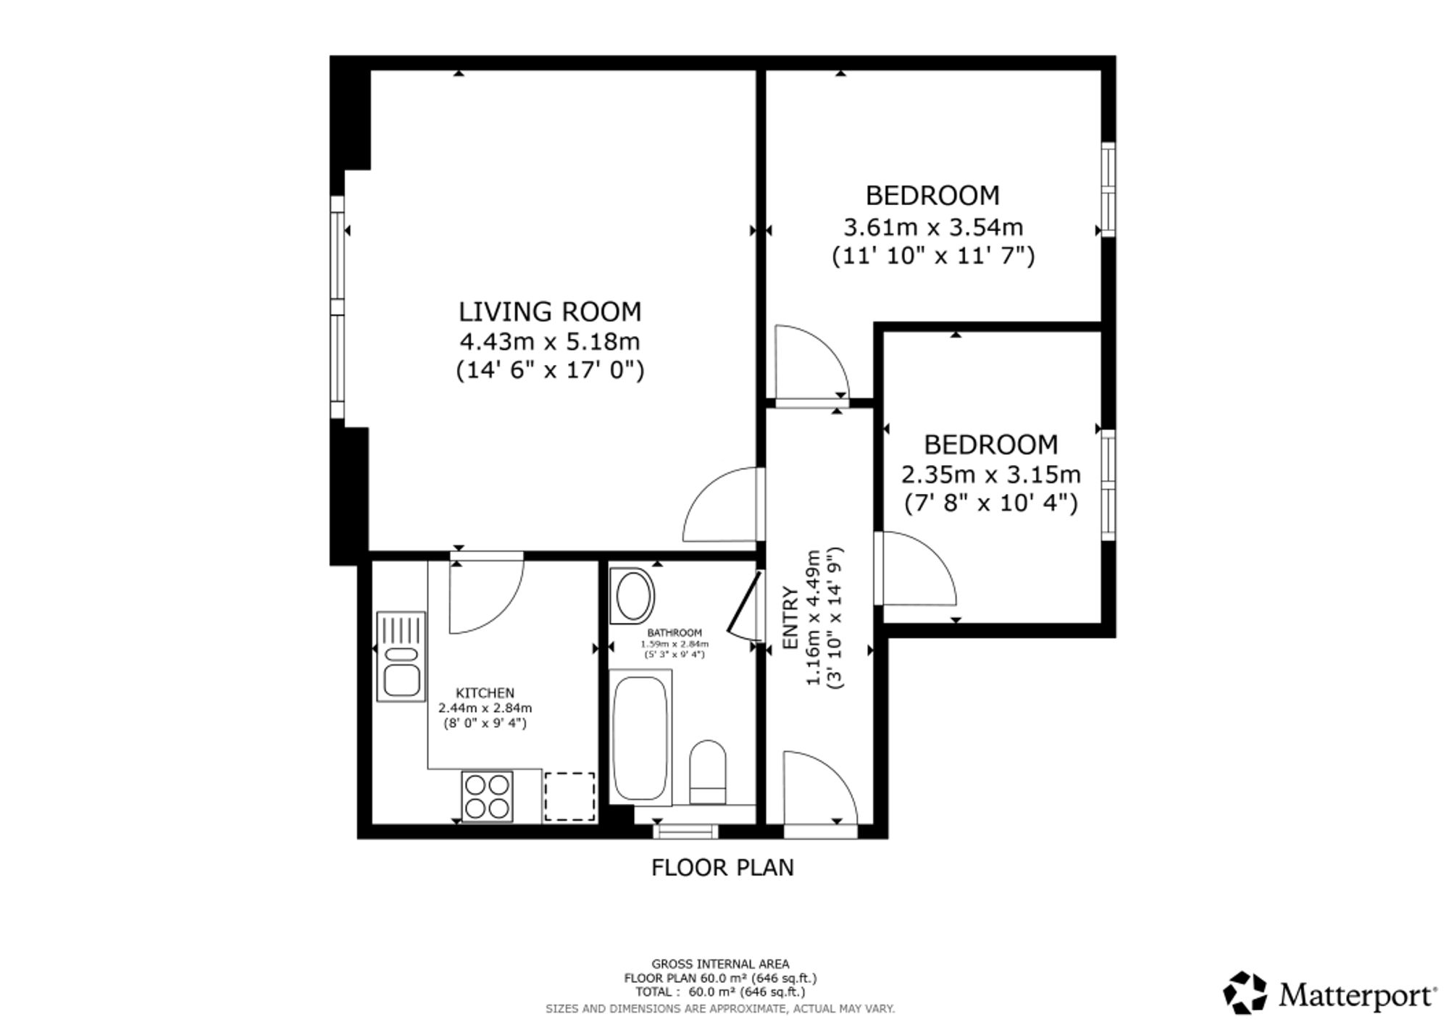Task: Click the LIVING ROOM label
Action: (550, 311)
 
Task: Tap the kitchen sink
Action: (401, 656)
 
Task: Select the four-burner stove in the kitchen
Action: (487, 797)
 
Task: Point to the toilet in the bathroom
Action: (708, 772)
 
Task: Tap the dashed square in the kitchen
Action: (569, 797)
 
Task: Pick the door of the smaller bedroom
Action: (915, 569)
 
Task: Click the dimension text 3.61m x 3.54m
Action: (933, 227)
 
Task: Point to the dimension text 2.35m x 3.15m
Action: (990, 474)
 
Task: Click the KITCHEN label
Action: (485, 693)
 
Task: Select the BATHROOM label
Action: (675, 633)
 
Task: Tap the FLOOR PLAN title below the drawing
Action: (722, 867)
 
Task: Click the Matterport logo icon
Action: (1245, 992)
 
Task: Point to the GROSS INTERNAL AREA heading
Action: (720, 964)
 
